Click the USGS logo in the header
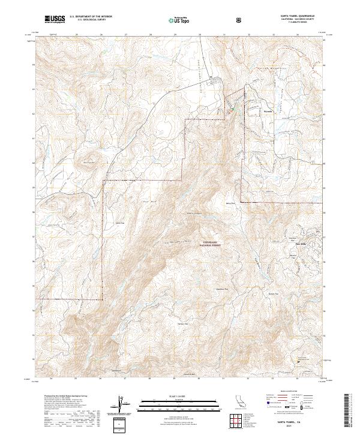54,19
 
